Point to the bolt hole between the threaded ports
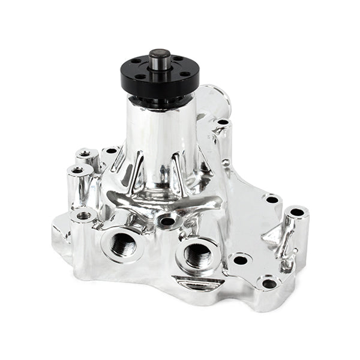coord(167,221)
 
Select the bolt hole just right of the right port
coord(240,260)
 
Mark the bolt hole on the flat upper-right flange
coord(271,200)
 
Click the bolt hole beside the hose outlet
coord(223,122)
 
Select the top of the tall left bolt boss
coord(78,171)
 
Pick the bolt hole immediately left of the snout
coord(111,151)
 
